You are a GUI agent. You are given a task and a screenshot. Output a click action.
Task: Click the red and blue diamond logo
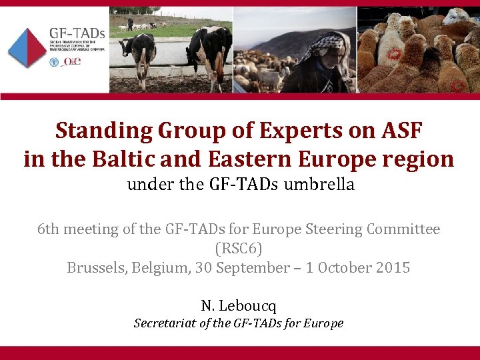tap(27, 48)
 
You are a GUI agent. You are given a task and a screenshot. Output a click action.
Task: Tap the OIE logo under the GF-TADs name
tap(73, 61)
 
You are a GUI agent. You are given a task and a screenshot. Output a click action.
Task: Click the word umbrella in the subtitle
tap(319, 185)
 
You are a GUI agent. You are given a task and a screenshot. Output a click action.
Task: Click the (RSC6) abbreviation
tap(239, 249)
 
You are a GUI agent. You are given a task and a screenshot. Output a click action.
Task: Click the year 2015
tap(392, 268)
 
